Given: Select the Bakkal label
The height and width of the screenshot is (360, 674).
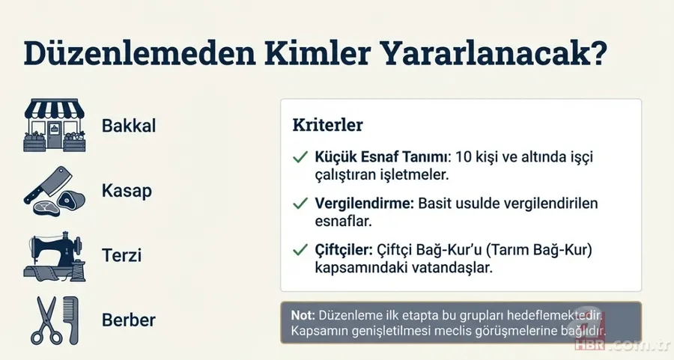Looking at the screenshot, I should [x=129, y=126].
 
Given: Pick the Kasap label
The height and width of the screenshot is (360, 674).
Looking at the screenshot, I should [x=127, y=191].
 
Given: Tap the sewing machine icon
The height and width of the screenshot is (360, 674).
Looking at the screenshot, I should [x=52, y=254].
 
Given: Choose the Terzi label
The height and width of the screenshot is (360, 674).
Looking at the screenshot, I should [x=122, y=256].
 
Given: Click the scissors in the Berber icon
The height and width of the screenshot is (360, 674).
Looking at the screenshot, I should [x=43, y=320].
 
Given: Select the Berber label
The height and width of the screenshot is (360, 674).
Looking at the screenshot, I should [x=129, y=320].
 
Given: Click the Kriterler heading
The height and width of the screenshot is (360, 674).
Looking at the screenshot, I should [x=328, y=125].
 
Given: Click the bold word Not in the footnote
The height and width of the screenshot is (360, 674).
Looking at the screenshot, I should [x=302, y=315].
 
